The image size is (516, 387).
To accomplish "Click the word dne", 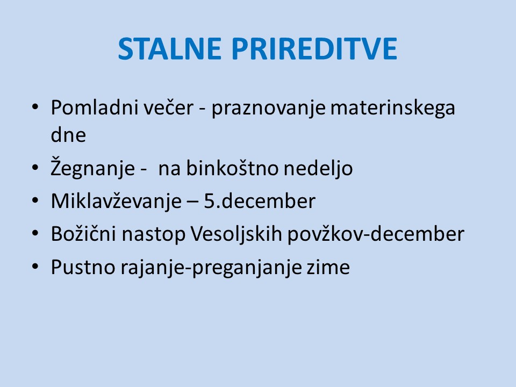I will [x=68, y=135].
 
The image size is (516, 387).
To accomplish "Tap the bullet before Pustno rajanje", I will [x=35, y=266].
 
